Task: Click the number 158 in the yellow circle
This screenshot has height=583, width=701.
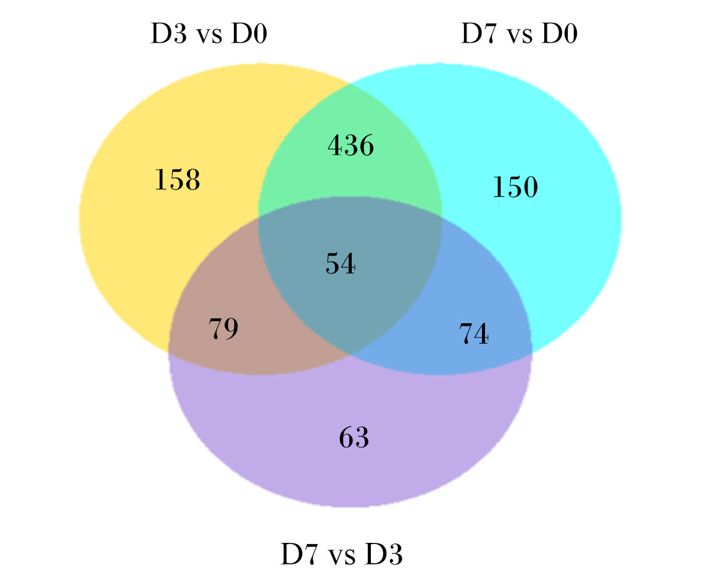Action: (x=178, y=180)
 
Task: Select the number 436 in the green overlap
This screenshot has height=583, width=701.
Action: (x=351, y=146)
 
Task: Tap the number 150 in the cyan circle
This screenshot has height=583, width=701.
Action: (x=515, y=186)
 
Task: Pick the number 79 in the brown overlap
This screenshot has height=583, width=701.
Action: (x=223, y=329)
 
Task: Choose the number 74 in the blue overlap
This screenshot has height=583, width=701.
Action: (x=474, y=334)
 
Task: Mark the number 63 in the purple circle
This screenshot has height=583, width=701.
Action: (x=354, y=437)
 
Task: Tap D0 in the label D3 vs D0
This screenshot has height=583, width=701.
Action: (x=249, y=33)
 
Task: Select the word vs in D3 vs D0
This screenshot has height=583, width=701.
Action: (x=209, y=36)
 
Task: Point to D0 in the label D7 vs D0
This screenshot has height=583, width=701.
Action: (x=559, y=33)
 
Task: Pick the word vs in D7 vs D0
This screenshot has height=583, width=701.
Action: (x=520, y=36)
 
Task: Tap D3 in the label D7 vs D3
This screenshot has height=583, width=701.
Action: (x=384, y=554)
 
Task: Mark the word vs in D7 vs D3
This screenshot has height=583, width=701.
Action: (x=341, y=557)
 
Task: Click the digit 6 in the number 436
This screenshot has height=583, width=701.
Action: (x=367, y=146)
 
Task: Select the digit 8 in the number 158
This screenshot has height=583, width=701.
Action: (x=193, y=180)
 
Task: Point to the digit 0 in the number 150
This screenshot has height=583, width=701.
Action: (x=531, y=186)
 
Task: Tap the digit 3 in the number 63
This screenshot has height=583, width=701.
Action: (x=362, y=437)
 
